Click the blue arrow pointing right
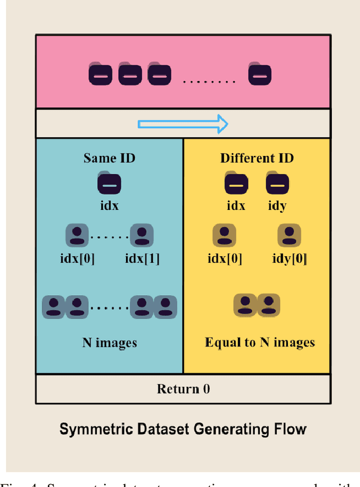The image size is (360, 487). (x=183, y=124)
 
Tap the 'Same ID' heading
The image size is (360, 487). (x=109, y=158)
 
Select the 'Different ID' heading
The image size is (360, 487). (x=256, y=158)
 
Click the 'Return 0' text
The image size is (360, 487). (x=183, y=389)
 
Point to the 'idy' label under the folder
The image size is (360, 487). (x=277, y=205)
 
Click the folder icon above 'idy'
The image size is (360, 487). (x=277, y=184)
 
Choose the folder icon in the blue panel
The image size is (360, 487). (x=109, y=184)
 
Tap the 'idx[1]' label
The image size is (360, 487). (x=142, y=258)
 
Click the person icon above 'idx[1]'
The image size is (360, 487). (x=142, y=235)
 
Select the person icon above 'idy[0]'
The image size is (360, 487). (x=289, y=235)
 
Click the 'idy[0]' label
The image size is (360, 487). (x=289, y=258)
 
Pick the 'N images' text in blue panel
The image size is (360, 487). (x=109, y=342)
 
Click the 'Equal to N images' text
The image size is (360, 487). (x=259, y=342)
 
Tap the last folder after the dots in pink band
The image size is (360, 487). (x=260, y=75)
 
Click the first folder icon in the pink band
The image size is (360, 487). (x=101, y=75)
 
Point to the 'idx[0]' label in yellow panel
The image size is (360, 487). (x=225, y=258)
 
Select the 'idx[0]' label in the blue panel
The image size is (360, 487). (x=77, y=258)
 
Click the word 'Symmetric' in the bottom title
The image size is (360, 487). (x=91, y=430)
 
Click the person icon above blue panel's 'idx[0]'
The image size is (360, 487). (x=77, y=235)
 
